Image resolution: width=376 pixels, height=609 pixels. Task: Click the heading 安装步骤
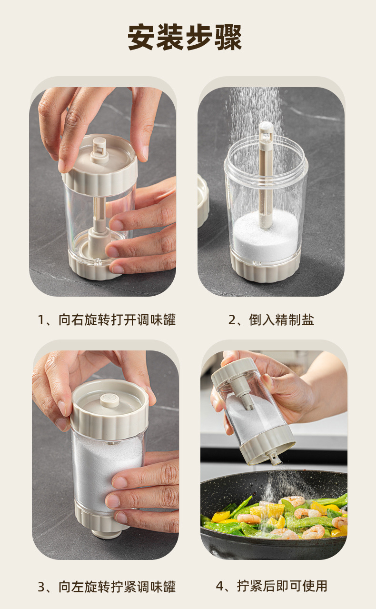pyautogui.click(x=185, y=37)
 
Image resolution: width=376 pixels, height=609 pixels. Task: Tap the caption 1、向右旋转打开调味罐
pyautogui.click(x=107, y=319)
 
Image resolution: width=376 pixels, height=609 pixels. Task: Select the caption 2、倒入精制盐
pyautogui.click(x=271, y=319)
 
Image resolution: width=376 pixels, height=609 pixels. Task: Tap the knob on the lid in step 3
pyautogui.click(x=110, y=400)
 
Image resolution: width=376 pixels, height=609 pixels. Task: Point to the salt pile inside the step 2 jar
pyautogui.click(x=266, y=232)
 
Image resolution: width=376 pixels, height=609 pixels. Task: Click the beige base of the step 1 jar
pyautogui.click(x=95, y=267)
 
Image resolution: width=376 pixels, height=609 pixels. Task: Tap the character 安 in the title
pyautogui.click(x=141, y=37)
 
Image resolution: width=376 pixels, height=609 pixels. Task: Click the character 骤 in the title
pyautogui.click(x=228, y=37)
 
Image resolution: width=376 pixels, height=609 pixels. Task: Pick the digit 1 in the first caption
pyautogui.click(x=41, y=320)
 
